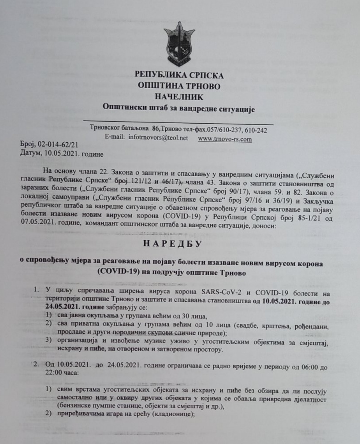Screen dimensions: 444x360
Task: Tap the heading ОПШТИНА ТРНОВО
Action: (179, 86)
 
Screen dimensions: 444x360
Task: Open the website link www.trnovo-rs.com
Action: (225, 139)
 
